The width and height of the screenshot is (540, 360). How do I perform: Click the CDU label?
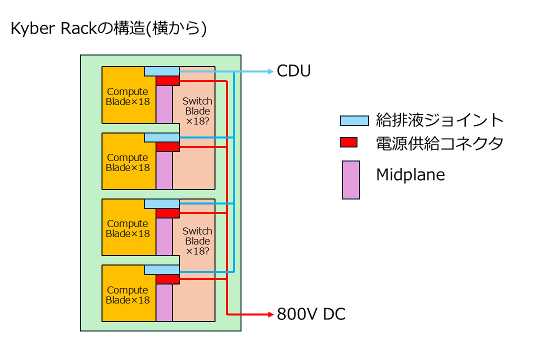[x=293, y=71]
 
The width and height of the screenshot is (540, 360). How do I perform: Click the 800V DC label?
[x=311, y=314]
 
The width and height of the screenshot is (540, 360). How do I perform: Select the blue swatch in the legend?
[x=354, y=120]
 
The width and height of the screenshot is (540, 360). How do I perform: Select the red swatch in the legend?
[x=348, y=142]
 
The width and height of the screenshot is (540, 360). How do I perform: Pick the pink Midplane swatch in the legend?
[x=350, y=180]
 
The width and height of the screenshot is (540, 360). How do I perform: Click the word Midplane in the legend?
[x=410, y=175]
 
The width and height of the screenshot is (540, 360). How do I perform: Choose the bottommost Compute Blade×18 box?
[x=127, y=295]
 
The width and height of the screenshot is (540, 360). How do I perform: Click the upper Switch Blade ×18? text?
[x=197, y=111]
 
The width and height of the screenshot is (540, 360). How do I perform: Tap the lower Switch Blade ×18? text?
[x=197, y=241]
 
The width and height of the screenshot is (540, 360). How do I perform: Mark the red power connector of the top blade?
[x=167, y=80]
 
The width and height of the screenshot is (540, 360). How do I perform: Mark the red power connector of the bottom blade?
[x=167, y=279]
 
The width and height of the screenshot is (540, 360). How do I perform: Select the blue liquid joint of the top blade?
[x=161, y=71]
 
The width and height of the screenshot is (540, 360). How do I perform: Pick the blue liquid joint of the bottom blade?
[x=161, y=269]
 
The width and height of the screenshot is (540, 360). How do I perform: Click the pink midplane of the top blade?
[x=164, y=104]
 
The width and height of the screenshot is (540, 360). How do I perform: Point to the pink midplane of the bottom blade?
[x=164, y=302]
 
